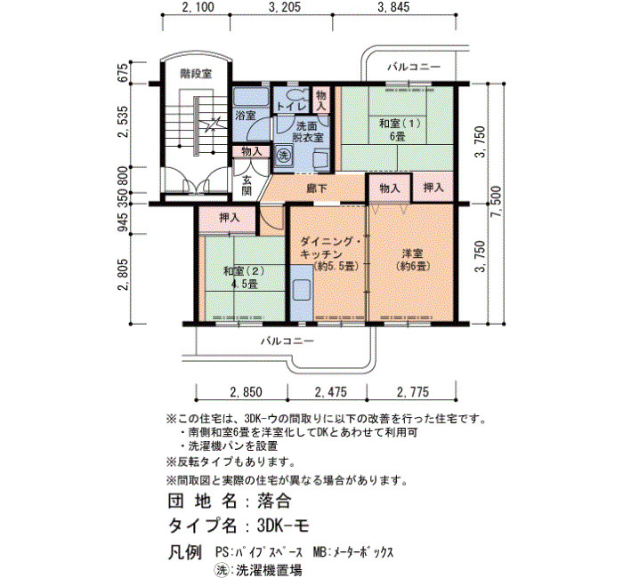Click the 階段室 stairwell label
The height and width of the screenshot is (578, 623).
click(x=196, y=74)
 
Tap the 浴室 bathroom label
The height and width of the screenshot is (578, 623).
click(x=245, y=116)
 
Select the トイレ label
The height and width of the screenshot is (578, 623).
click(x=291, y=107)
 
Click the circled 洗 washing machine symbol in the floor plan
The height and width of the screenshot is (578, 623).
click(x=283, y=155)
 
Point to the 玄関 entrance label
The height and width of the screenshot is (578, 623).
click(x=247, y=185)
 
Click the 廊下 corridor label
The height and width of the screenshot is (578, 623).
click(x=317, y=189)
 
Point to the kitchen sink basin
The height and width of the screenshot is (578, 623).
click(x=302, y=290)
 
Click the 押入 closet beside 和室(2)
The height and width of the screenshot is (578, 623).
click(x=230, y=218)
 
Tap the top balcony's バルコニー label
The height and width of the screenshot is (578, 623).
click(x=414, y=67)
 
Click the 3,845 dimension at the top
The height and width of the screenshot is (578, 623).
click(x=393, y=7)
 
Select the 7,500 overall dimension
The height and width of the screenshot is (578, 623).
click(x=497, y=202)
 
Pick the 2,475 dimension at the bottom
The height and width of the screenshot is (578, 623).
click(x=330, y=392)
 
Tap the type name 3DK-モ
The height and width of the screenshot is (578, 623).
click(x=283, y=526)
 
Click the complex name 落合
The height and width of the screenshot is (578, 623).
click(x=274, y=501)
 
